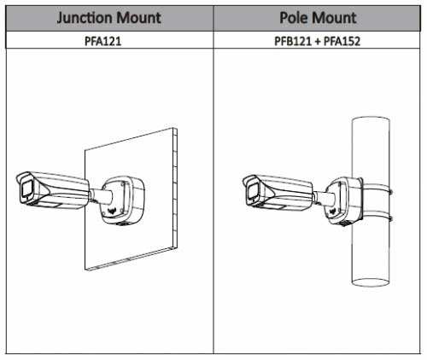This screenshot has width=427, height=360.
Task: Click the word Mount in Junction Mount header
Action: (x=139, y=18)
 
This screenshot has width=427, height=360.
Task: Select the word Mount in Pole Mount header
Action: (x=334, y=18)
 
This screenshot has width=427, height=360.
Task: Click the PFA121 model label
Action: (x=103, y=41)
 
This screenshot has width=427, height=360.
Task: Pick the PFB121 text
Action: (x=293, y=41)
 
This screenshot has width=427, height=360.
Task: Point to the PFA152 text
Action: (x=342, y=41)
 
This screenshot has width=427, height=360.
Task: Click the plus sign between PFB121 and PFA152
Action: (x=318, y=42)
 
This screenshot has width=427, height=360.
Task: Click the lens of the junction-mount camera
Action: (x=26, y=189)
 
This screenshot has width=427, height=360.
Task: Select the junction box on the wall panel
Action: (x=123, y=200)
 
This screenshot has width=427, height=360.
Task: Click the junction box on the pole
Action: (x=344, y=200)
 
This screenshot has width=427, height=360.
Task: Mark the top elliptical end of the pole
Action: (x=371, y=119)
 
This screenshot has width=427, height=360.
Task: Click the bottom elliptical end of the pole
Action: (x=371, y=282)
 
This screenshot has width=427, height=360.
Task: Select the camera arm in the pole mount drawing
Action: (x=325, y=198)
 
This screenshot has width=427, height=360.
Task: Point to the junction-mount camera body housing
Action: (x=53, y=189)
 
